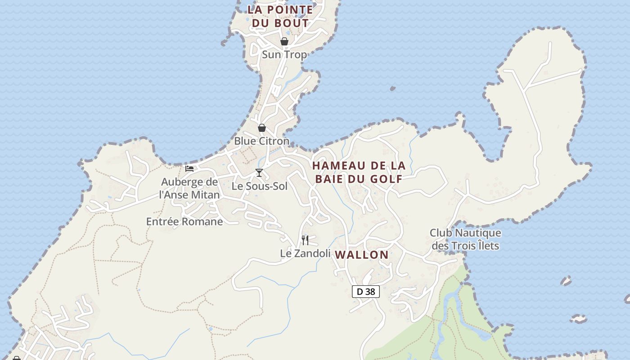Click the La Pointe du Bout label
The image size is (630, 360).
point(280,16)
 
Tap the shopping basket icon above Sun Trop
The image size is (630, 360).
point(284,42)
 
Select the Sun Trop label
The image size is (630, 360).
point(284,55)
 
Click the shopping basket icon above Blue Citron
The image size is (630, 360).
point(262,128)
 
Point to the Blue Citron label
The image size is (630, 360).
point(261,141)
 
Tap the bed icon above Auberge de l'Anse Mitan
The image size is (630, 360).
point(189,169)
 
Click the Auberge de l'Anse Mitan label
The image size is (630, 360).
point(189,189)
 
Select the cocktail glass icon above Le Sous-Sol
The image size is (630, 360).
point(259,173)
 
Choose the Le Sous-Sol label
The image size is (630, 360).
point(259,186)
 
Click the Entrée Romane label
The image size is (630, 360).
point(184,221)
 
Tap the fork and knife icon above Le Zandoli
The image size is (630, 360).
point(305,240)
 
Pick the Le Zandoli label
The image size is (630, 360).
point(305,253)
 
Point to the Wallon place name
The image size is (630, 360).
point(362,255)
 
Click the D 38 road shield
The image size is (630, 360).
point(366,292)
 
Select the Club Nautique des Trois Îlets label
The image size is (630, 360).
point(465,239)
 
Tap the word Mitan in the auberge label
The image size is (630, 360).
point(205,195)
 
